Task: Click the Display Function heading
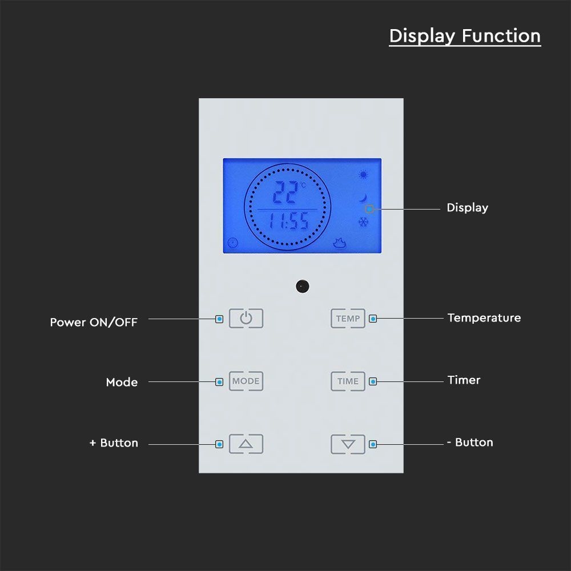[465, 36]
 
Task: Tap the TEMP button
[348, 319]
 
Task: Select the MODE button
[246, 381]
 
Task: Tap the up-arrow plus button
[246, 444]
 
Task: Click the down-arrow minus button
[348, 444]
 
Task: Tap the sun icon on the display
[363, 175]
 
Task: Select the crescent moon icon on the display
[363, 198]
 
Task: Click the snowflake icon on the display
[363, 222]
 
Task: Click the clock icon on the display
[232, 242]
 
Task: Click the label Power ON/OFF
[94, 322]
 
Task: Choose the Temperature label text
[484, 318]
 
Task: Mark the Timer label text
[464, 380]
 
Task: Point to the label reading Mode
[122, 382]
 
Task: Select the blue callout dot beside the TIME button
[373, 381]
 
